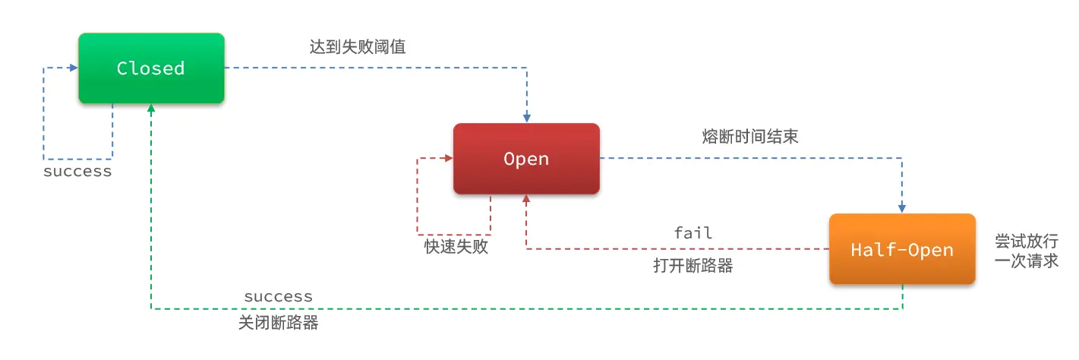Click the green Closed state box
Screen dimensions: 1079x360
point(151,68)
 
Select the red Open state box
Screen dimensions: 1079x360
point(526,159)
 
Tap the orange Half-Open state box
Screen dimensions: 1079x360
point(902,249)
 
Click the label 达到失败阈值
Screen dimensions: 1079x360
point(358,47)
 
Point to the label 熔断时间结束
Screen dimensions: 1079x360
point(750,137)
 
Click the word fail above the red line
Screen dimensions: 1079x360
point(693,233)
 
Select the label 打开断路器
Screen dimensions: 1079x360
point(693,266)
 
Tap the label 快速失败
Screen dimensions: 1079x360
point(456,247)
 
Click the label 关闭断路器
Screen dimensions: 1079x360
point(279,323)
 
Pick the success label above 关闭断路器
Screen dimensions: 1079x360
point(279,297)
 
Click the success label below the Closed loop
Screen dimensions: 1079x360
point(77,172)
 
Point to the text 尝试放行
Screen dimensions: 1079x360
point(1027,241)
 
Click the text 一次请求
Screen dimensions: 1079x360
point(1027,261)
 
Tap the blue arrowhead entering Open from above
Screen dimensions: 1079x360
point(527,118)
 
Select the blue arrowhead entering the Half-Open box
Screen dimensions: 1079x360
point(902,209)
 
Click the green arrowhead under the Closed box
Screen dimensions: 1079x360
point(151,108)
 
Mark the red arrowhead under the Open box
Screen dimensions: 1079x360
point(526,198)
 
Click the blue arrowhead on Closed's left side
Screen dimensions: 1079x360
point(74,68)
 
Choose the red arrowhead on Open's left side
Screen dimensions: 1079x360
point(449,158)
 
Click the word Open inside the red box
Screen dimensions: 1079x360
point(526,159)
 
